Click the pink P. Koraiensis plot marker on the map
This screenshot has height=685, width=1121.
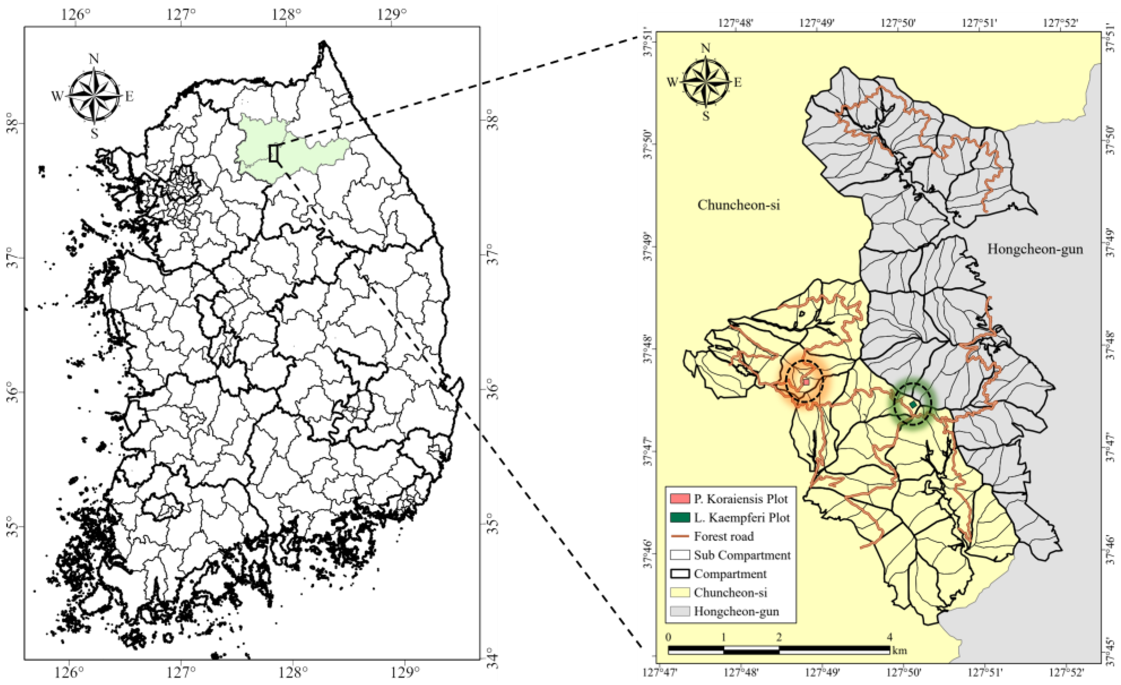pyautogui.click(x=806, y=382)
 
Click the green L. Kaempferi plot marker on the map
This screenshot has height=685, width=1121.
pyautogui.click(x=913, y=404)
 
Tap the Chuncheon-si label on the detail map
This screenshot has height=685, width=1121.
pyautogui.click(x=738, y=205)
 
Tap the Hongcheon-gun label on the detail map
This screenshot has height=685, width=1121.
pyautogui.click(x=1035, y=249)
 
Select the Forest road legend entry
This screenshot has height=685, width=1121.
pyautogui.click(x=723, y=536)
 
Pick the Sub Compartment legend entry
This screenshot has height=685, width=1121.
pyautogui.click(x=742, y=555)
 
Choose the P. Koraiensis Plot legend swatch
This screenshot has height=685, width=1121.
pyautogui.click(x=680, y=498)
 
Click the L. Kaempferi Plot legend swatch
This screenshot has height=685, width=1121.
pyautogui.click(x=680, y=517)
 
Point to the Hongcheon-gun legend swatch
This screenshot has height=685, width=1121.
pyautogui.click(x=680, y=611)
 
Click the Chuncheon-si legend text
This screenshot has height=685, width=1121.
pyautogui.click(x=730, y=593)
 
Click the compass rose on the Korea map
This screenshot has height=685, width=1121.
pyautogui.click(x=94, y=96)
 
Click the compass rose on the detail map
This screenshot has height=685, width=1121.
pyautogui.click(x=705, y=83)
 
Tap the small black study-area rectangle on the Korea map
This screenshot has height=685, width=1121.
pyautogui.click(x=273, y=153)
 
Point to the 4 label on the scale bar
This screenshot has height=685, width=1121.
pyautogui.click(x=889, y=637)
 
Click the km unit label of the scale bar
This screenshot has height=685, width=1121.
pyautogui.click(x=900, y=650)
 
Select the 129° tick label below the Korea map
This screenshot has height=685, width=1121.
pyautogui.click(x=405, y=672)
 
